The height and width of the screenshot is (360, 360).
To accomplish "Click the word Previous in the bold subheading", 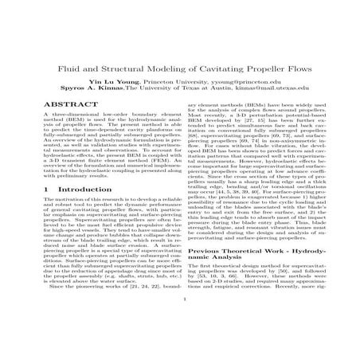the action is click(205, 273).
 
